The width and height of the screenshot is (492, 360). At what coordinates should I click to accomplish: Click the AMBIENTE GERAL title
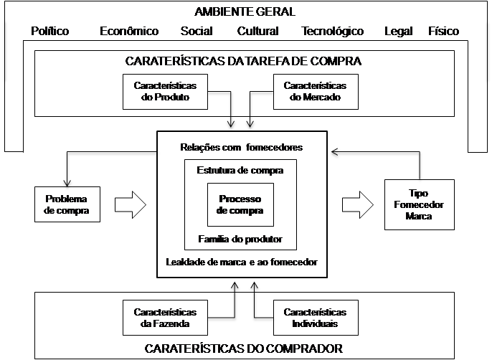point(245,12)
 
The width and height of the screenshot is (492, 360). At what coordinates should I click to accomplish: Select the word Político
point(50,31)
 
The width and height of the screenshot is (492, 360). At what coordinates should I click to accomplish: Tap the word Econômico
point(129,31)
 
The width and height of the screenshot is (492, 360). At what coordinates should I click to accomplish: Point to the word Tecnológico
point(332,32)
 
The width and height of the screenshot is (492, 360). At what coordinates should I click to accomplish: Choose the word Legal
point(399,32)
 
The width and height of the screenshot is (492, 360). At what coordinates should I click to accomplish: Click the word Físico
point(444,31)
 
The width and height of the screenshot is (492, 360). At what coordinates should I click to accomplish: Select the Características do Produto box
point(166,92)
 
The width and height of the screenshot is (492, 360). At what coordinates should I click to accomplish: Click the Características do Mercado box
point(316,92)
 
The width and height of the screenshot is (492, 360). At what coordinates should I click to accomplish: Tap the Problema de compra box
point(67,204)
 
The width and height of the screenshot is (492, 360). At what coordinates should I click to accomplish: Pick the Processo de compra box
point(240,204)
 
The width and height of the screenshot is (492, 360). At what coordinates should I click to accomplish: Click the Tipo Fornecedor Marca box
point(420,204)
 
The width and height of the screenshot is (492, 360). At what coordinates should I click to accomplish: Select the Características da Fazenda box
point(166,318)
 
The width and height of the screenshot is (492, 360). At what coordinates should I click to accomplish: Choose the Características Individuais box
point(316,318)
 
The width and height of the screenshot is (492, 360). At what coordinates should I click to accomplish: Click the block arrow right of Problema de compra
point(131,204)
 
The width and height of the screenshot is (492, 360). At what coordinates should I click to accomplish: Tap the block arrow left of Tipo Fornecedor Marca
point(358,204)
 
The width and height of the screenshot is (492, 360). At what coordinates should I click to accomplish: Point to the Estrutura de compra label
point(240,171)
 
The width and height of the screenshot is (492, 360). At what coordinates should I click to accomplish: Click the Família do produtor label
point(240,239)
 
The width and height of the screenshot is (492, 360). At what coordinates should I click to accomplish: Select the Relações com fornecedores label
point(242,147)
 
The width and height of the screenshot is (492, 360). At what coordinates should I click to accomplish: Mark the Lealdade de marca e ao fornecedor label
point(242,262)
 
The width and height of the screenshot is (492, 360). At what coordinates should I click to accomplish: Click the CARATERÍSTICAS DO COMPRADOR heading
point(244,349)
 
